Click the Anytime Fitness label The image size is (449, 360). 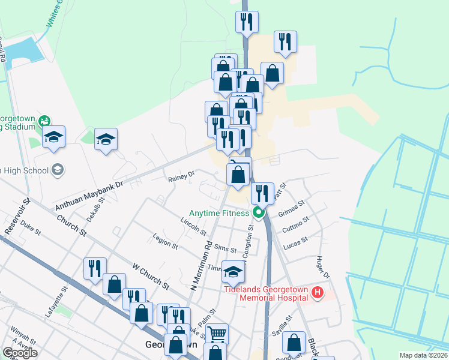click(218, 213)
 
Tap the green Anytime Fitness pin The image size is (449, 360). click(259, 212)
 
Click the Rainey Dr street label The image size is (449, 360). click(181, 176)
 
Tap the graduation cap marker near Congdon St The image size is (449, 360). click(233, 272)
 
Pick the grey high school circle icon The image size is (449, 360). click(58, 170)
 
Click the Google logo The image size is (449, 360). click(20, 352)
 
